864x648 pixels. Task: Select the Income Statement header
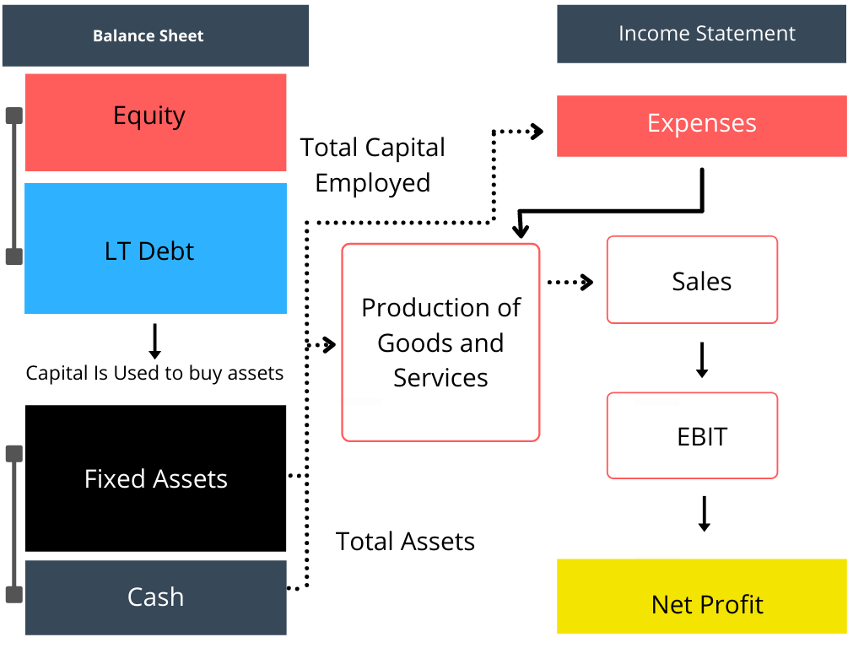[701, 34]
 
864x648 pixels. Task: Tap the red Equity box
[155, 122]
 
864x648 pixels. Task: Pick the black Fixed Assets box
[155, 478]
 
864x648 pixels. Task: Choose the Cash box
[155, 597]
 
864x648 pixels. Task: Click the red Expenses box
[701, 126]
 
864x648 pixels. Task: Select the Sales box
[692, 280]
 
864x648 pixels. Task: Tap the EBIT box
[692, 435]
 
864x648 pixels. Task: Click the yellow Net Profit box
[701, 597]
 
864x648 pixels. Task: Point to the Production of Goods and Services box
[440, 343]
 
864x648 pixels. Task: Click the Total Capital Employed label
[372, 165]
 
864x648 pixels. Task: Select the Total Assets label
[405, 541]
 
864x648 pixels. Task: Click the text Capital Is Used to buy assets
[154, 373]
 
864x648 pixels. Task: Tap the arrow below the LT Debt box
[154, 341]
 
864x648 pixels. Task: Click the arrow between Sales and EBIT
[701, 359]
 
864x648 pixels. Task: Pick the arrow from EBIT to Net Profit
[704, 514]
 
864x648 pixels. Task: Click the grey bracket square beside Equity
[14, 116]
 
